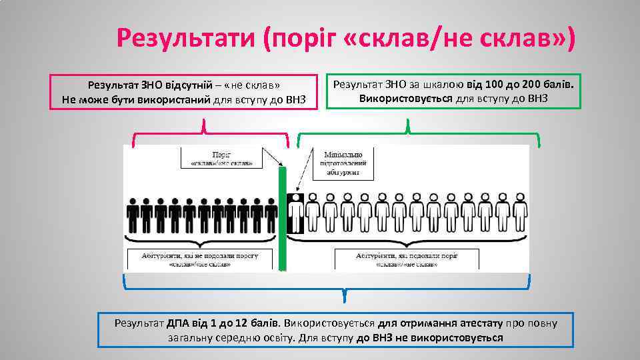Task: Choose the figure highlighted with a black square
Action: (x=295, y=213)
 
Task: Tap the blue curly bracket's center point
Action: (x=344, y=293)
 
